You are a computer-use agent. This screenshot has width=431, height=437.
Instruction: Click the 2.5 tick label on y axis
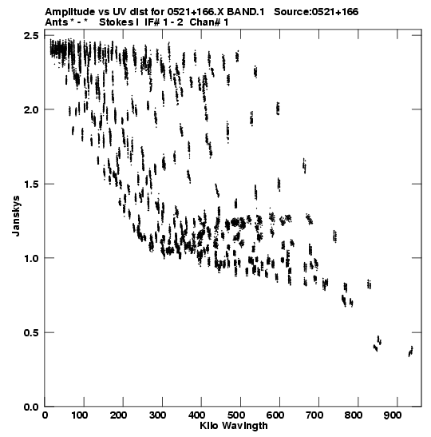[32, 36]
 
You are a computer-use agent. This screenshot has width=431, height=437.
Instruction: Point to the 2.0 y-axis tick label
[32, 109]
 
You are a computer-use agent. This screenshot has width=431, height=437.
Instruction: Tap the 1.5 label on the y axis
[32, 184]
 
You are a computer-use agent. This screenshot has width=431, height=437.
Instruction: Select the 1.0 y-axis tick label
[32, 258]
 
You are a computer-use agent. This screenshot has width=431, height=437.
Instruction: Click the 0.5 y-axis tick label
[32, 332]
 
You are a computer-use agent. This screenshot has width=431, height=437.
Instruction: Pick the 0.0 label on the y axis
[32, 407]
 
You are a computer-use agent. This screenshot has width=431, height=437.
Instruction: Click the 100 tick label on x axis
[79, 415]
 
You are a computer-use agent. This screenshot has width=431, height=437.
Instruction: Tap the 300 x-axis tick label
[157, 415]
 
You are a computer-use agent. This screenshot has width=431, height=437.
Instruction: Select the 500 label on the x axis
[235, 415]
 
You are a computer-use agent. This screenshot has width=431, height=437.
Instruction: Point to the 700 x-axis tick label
[314, 415]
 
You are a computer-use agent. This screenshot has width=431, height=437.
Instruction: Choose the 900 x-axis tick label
[393, 415]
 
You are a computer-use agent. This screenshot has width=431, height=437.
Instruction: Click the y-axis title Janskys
[16, 216]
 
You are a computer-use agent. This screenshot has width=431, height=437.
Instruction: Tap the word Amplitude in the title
[70, 12]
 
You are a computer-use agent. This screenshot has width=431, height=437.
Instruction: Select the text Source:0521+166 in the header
[316, 12]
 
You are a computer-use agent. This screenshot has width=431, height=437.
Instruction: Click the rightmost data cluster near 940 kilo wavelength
[410, 352]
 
